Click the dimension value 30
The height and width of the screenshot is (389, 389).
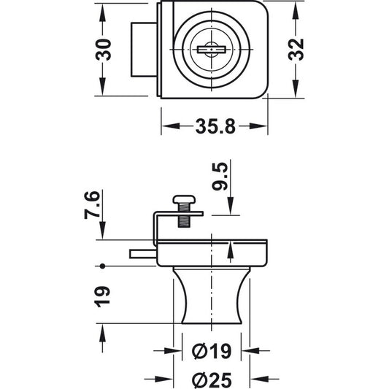tap(103, 50)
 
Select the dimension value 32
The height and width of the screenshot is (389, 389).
tap(296, 50)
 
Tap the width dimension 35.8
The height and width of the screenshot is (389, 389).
tap(215, 126)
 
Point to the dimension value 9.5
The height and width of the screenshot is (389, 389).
tap(220, 176)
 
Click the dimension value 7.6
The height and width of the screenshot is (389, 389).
tap(92, 205)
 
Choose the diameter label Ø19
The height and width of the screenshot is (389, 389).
tap(212, 351)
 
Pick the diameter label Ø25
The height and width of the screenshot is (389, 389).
tap(212, 379)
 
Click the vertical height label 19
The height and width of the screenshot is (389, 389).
tap(102, 297)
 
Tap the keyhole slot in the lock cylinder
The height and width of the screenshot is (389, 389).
tap(212, 50)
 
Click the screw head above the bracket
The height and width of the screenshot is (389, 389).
tap(184, 199)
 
